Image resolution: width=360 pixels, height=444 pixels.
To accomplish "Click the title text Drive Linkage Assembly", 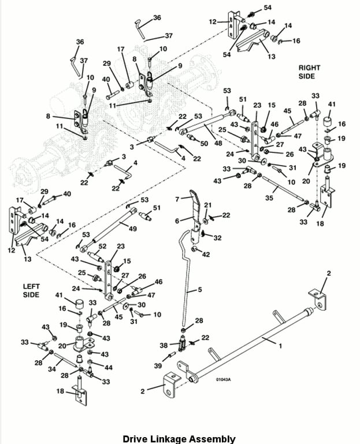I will tap(179, 439).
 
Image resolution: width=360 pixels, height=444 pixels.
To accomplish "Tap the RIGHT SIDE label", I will tap(310, 72).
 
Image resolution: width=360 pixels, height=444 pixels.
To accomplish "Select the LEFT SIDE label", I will tap(31, 290).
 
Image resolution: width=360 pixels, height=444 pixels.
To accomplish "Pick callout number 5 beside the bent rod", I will tap(199, 290).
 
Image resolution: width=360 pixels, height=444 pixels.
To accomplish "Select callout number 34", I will tap(51, 368).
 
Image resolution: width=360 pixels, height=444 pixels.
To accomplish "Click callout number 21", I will tap(208, 205).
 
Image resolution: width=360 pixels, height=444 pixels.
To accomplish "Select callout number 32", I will tap(217, 237).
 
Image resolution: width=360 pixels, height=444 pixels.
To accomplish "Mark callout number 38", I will tap(163, 345).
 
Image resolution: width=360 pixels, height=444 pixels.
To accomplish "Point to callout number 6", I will tap(177, 220).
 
